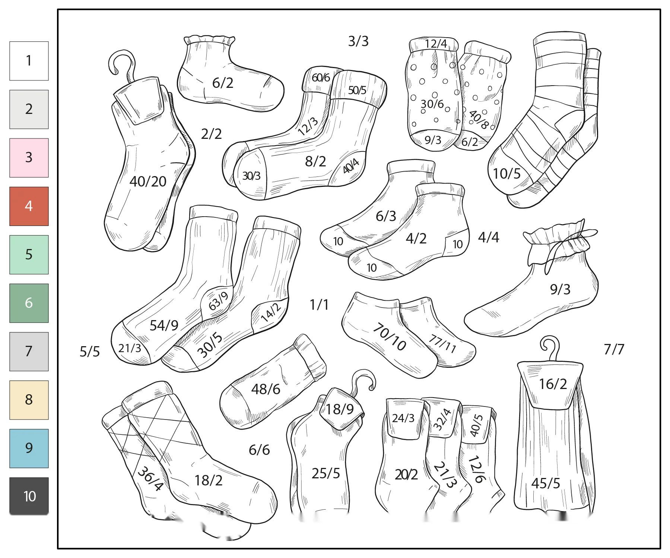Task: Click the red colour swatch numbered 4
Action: [29, 206]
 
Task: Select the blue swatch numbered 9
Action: [29, 448]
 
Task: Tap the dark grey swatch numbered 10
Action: [29, 496]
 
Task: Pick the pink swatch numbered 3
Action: [29, 158]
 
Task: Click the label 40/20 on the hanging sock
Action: [148, 181]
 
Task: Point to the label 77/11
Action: [442, 343]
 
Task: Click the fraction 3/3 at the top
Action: [358, 41]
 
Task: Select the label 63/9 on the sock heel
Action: [219, 301]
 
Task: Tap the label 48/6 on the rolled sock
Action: [266, 389]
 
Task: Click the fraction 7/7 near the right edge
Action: [614, 349]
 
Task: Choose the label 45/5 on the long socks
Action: [546, 483]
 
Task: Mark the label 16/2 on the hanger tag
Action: [553, 384]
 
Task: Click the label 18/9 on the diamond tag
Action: [340, 409]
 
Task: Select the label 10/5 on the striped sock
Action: [507, 173]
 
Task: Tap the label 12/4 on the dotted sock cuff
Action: [436, 44]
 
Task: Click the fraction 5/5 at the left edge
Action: [90, 351]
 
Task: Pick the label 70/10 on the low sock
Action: [390, 337]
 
